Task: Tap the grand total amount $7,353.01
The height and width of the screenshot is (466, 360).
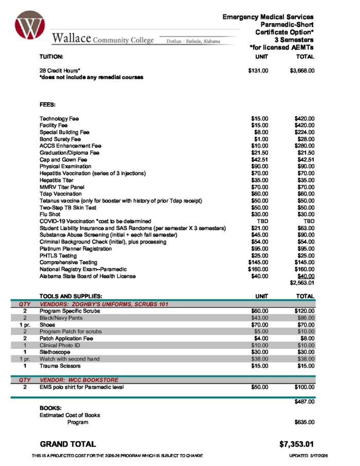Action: (x=296, y=444)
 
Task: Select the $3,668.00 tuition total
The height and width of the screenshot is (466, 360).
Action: (x=302, y=70)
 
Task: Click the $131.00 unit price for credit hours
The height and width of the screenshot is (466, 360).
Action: (x=258, y=70)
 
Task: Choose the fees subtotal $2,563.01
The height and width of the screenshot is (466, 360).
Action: (x=302, y=283)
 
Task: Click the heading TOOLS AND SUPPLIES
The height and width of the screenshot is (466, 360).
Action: (x=71, y=296)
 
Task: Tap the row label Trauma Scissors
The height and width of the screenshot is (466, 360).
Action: (x=61, y=366)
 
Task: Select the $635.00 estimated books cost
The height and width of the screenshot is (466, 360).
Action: (x=304, y=422)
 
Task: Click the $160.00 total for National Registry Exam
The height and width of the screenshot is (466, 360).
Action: (x=304, y=269)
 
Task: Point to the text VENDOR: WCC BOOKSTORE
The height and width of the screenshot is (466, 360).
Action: (x=79, y=380)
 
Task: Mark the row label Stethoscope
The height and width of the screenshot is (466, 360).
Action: (x=56, y=352)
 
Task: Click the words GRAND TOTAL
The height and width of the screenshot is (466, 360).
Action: (x=67, y=444)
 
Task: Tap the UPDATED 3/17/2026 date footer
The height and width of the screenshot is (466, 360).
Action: (x=302, y=456)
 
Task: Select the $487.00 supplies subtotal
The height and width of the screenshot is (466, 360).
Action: (x=304, y=401)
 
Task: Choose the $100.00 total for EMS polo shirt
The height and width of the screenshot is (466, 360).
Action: (x=304, y=387)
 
